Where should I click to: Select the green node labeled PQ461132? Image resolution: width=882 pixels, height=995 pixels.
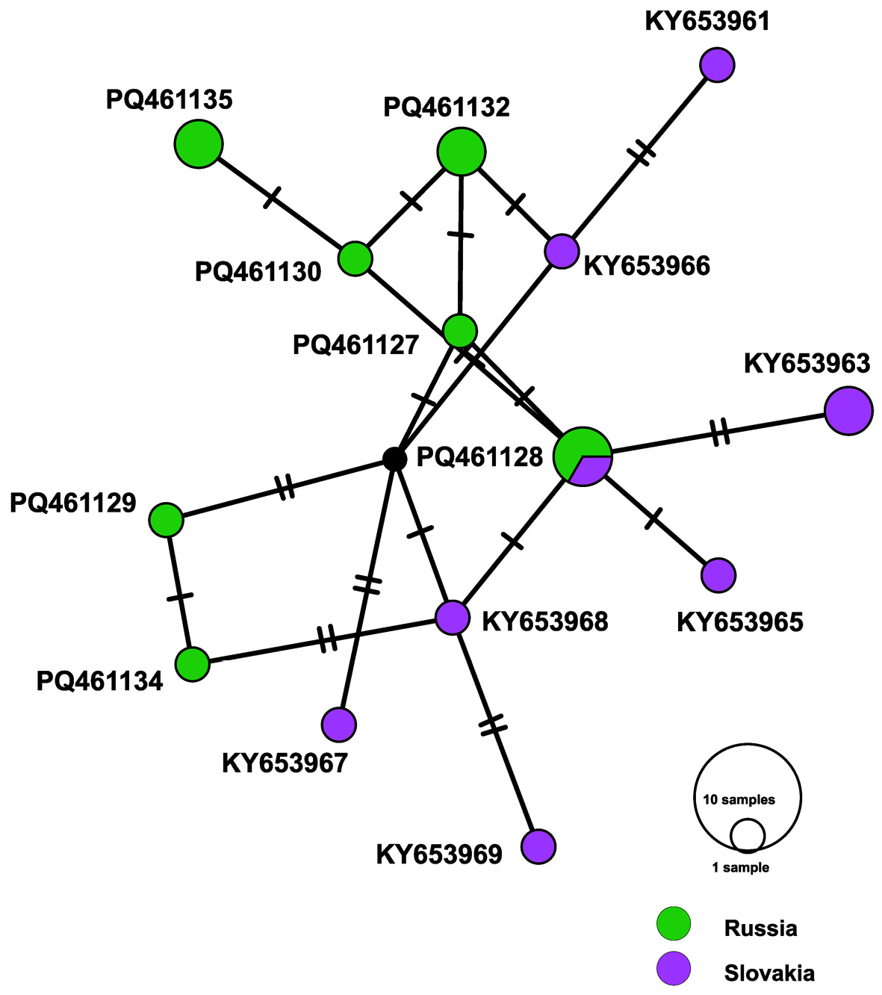click(x=462, y=152)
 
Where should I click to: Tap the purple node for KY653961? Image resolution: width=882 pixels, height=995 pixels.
click(x=718, y=65)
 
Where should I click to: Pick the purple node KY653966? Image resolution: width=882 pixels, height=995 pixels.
click(x=562, y=251)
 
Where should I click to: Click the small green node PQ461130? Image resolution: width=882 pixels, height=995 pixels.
click(x=355, y=258)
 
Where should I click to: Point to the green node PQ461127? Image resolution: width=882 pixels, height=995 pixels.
click(x=459, y=330)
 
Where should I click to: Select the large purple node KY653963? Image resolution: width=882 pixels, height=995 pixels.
click(x=848, y=410)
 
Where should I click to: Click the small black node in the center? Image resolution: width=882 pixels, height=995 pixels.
click(x=394, y=459)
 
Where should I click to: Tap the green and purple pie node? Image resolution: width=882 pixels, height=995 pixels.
click(x=583, y=456)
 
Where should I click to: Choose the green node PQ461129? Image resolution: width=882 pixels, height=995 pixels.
click(x=166, y=520)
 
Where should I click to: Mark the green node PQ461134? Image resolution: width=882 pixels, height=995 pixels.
click(x=193, y=663)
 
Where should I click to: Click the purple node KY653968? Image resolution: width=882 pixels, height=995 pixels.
click(x=453, y=618)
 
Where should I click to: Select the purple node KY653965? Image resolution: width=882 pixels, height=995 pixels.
click(x=718, y=574)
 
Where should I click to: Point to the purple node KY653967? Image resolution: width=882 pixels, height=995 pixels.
click(x=339, y=723)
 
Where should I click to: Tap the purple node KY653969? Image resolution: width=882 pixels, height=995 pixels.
click(x=538, y=846)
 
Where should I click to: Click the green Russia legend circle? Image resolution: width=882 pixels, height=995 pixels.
click(x=674, y=925)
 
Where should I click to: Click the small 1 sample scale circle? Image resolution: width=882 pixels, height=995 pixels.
click(x=748, y=835)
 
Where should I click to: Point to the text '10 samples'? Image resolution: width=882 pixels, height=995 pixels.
click(x=739, y=800)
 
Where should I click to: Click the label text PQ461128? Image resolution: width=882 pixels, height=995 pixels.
click(x=479, y=457)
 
